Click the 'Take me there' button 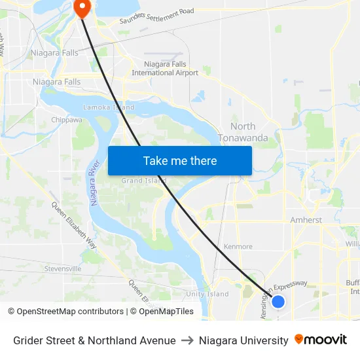point(180,160)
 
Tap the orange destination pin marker point(83,8)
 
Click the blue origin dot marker point(278,302)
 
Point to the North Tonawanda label point(249,132)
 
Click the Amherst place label point(306,221)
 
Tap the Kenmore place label point(238,247)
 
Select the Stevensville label point(63,268)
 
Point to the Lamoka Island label point(109,107)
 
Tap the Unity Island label point(207,294)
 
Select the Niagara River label point(96,183)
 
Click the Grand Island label point(144,181)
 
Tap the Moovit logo point(321,340)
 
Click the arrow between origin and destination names point(187,340)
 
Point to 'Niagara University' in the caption point(243,340)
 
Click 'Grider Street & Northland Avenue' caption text point(94,340)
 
